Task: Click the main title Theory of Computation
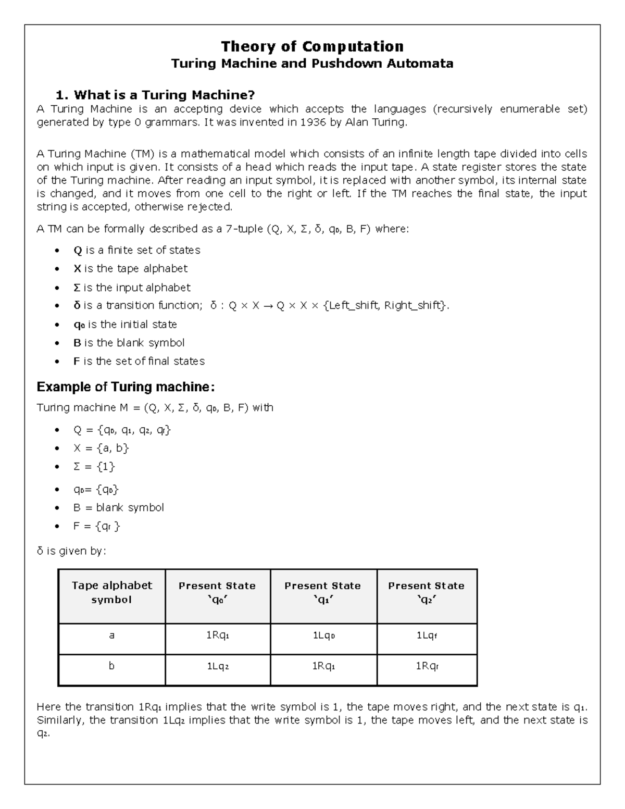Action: coord(312,46)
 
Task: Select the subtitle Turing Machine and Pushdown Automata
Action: coord(312,64)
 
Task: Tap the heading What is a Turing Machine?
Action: coord(156,95)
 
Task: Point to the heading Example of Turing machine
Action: coord(126,387)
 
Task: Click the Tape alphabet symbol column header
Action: coord(111,593)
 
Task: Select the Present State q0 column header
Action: coord(217,593)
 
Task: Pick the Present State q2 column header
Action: coord(426,593)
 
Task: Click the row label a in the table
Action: coord(111,636)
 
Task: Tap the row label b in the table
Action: coord(111,666)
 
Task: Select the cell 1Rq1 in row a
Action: coord(218,636)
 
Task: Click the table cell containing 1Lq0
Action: coord(323,636)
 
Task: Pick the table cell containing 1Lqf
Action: coord(426,636)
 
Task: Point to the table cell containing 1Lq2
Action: coord(218,666)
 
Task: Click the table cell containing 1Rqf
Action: coord(426,666)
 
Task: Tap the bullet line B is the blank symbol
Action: coord(129,343)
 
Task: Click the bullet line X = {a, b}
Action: coord(101,448)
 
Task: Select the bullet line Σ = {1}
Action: coord(94,467)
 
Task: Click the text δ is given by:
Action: coord(71,551)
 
